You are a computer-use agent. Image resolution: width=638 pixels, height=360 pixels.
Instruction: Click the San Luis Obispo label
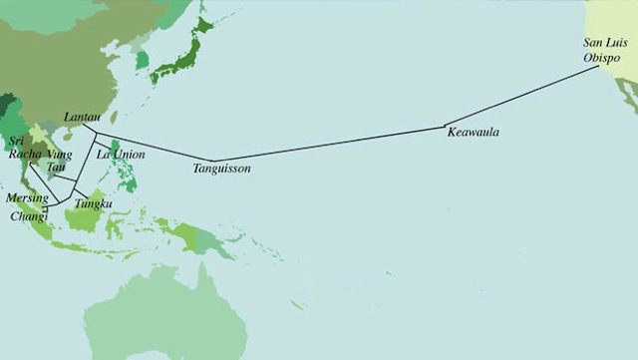607,50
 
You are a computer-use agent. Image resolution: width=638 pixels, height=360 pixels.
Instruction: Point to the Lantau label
81,118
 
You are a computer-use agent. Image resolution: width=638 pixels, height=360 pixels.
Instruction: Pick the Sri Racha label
23,150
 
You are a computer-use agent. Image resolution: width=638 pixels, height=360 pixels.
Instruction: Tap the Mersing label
26,198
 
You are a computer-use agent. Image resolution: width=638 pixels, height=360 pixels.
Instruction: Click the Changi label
27,214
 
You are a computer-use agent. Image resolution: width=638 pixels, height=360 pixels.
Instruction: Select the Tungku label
93,204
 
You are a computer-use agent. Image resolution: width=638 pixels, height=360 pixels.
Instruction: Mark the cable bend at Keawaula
445,126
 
